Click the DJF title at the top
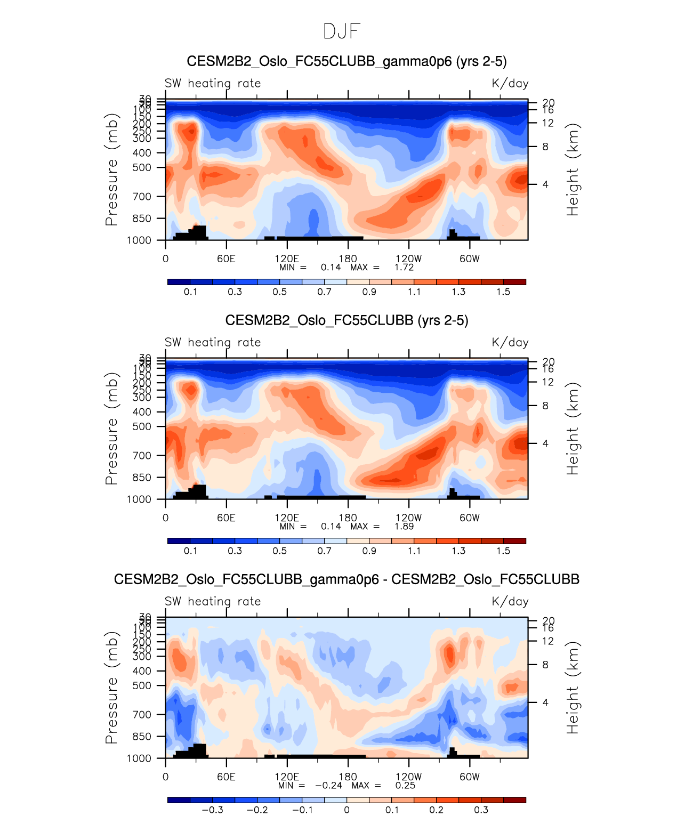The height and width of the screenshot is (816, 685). pyautogui.click(x=342, y=31)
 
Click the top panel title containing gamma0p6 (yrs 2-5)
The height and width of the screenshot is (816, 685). pyautogui.click(x=346, y=61)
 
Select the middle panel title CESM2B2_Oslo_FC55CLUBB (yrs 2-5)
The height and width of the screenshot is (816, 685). pyautogui.click(x=346, y=320)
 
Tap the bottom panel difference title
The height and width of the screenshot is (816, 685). pyautogui.click(x=346, y=579)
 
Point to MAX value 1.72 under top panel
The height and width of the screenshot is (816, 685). pyautogui.click(x=404, y=267)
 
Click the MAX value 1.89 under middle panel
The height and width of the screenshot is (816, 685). pyautogui.click(x=404, y=526)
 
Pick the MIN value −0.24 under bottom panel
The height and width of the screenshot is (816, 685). pyautogui.click(x=328, y=785)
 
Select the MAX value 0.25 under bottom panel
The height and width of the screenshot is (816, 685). pyautogui.click(x=405, y=785)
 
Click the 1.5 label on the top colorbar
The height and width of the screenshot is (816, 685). pyautogui.click(x=503, y=292)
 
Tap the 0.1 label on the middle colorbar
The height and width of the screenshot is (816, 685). pyautogui.click(x=190, y=551)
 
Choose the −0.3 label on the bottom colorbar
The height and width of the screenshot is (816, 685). pyautogui.click(x=212, y=810)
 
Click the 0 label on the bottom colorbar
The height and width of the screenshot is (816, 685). pyautogui.click(x=346, y=810)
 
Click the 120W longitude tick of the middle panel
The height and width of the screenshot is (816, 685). pyautogui.click(x=409, y=518)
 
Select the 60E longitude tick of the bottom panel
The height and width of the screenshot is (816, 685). pyautogui.click(x=226, y=777)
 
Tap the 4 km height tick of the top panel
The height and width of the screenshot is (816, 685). pyautogui.click(x=545, y=184)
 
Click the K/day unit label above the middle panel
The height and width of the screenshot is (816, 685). pyautogui.click(x=510, y=342)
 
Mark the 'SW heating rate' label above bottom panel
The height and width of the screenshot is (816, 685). pyautogui.click(x=213, y=601)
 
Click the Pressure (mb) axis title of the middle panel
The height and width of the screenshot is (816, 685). pyautogui.click(x=111, y=429)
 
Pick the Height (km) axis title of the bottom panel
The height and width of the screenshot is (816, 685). pyautogui.click(x=573, y=688)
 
